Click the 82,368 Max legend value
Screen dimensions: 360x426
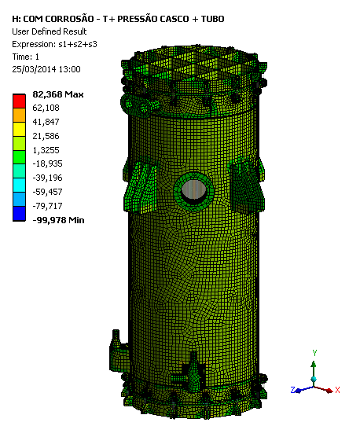58,94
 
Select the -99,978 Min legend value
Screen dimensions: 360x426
58,220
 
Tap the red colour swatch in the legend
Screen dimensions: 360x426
19,101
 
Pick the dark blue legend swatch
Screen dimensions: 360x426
19,214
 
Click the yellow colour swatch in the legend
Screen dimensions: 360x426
19,130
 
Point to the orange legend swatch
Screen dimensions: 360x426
19,116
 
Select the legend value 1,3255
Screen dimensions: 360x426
46,150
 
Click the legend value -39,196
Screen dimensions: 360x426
47,178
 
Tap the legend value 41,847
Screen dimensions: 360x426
46,122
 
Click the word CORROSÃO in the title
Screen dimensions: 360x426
69,18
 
